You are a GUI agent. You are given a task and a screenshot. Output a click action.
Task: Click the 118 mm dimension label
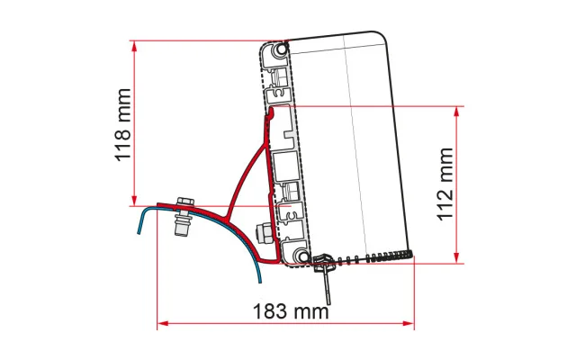tap(123, 125)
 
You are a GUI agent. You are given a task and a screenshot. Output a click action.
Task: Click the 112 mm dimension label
tap(445, 184)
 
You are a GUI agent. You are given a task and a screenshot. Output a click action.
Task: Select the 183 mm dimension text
tap(291, 311)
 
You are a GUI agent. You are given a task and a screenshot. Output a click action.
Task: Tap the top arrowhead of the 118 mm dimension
tap(134, 47)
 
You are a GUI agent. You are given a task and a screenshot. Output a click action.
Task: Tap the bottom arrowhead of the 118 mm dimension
tap(134, 200)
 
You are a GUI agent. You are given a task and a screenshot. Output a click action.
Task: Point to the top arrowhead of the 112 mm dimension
tap(456, 112)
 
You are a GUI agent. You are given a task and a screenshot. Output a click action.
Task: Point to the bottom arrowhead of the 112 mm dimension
tap(456, 257)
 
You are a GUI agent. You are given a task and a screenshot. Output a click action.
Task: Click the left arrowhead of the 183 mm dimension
tap(163, 324)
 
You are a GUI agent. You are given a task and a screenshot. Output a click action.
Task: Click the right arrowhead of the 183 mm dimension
tap(408, 324)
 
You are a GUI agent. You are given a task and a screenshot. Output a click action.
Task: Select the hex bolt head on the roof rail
tap(185, 202)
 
